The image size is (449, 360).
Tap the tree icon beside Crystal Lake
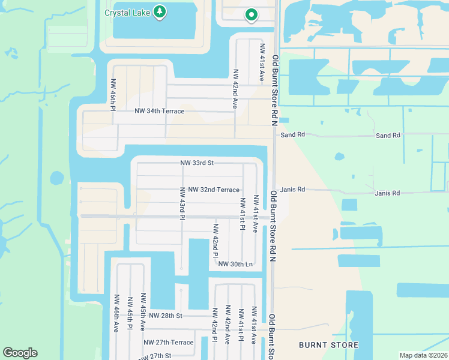coord(160,12)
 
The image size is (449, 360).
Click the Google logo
coord(20,353)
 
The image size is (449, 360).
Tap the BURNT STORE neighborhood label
coord(329,345)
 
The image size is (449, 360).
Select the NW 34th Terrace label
coord(159,111)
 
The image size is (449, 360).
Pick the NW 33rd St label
coord(197,163)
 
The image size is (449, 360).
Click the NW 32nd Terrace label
coord(214,190)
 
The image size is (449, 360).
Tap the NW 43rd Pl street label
coord(182,203)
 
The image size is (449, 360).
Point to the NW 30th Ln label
coord(235,264)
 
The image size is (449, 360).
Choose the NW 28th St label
coord(165,315)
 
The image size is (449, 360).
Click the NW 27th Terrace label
coord(169,343)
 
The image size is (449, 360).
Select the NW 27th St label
coord(153,356)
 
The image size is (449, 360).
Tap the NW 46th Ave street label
coord(115,313)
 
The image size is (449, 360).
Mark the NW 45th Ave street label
coord(143,312)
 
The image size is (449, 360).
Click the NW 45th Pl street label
coord(129,313)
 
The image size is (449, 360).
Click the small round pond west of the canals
coord(56,178)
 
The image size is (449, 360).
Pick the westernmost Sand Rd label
coord(292,135)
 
